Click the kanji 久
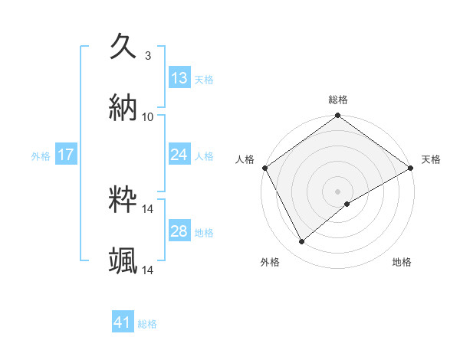[x=123, y=46]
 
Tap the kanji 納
[x=123, y=108]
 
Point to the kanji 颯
[x=123, y=261]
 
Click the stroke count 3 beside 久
[x=147, y=55]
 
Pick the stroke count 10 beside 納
[x=148, y=117]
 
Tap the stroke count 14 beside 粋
[x=148, y=208]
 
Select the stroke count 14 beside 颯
[x=148, y=270]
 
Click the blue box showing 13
[x=179, y=77]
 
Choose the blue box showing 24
[x=179, y=155]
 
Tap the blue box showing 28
[x=179, y=231]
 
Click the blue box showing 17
[x=66, y=155]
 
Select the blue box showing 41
[x=123, y=322]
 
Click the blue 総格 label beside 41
[x=147, y=324]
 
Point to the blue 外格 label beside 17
[x=41, y=155]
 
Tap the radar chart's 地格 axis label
[x=402, y=262]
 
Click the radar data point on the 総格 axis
[x=337, y=116]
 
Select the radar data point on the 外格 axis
[x=302, y=242]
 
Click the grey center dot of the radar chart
[x=337, y=191]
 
